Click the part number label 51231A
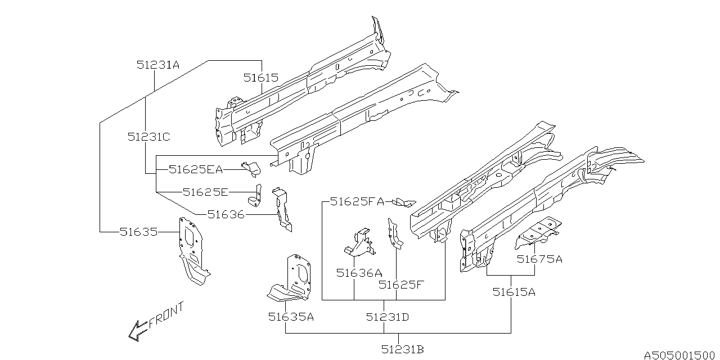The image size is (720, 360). point(157,65)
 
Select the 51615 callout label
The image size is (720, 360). point(260,78)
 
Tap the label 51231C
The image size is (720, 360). point(148,136)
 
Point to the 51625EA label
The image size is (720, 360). point(195,169)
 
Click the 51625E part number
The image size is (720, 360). point(205,192)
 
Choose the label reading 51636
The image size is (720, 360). point(226,214)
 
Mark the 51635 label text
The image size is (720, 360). point(138,231)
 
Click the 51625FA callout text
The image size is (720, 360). point(357,201)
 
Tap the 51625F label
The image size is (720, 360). point(400,285)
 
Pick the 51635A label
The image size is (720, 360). point(290,317)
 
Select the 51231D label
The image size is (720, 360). point(387,317)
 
